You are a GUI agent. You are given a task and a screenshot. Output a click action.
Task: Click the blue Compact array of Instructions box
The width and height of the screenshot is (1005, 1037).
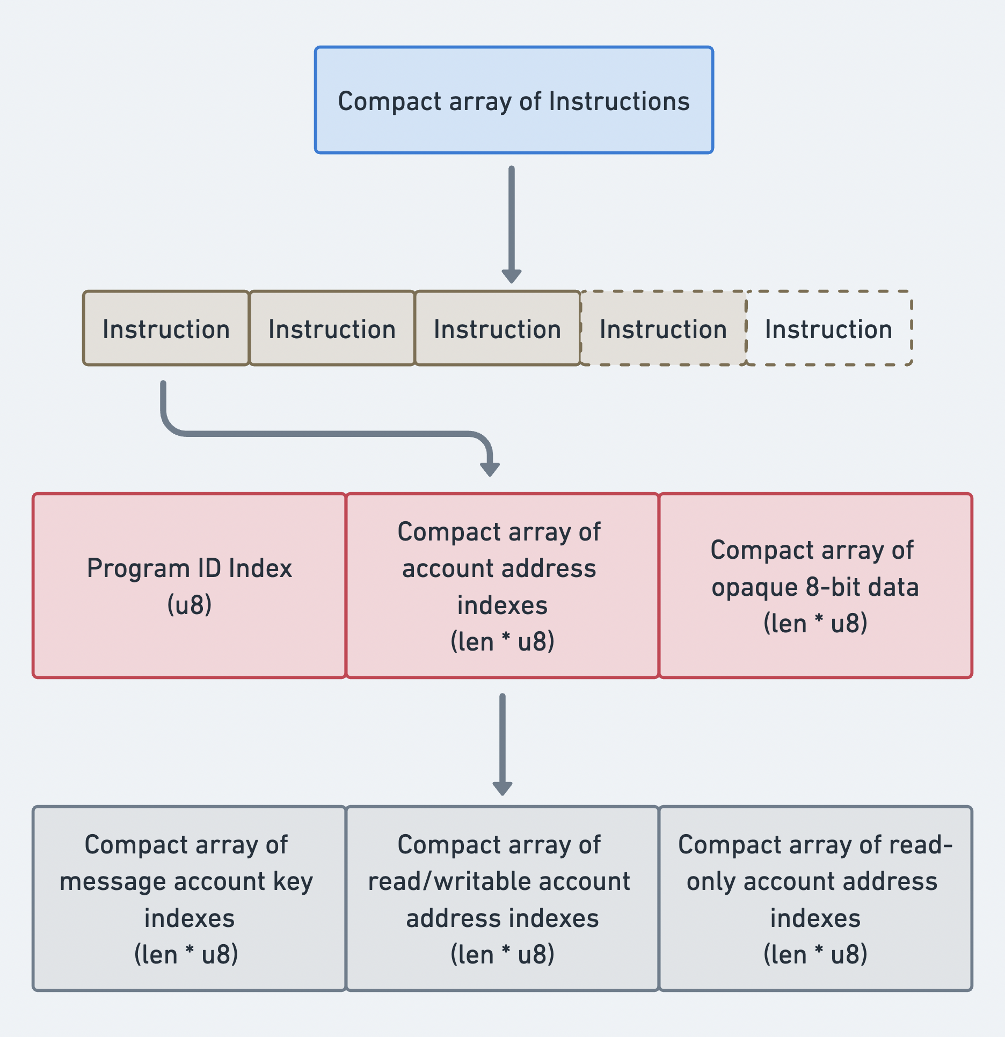tap(514, 100)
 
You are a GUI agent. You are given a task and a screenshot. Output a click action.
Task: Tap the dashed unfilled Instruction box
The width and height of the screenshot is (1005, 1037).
tap(829, 328)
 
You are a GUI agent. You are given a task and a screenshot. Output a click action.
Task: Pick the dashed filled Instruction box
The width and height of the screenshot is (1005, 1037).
tap(663, 328)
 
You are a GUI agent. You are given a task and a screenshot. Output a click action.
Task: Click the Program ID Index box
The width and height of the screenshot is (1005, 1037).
tap(189, 586)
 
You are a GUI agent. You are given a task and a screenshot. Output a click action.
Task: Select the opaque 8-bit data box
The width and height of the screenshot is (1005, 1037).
tap(815, 586)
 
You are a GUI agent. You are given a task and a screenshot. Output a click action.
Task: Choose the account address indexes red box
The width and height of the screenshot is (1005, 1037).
tap(502, 586)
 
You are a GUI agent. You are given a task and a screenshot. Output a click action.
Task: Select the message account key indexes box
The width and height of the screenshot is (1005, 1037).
tap(189, 899)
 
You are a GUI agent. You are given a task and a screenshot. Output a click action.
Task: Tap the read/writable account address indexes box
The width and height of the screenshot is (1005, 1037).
tap(502, 899)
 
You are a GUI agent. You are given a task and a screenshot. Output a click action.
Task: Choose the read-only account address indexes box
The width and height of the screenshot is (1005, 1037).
tap(815, 899)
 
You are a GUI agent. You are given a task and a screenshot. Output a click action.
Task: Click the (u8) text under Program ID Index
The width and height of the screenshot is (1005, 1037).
tap(189, 605)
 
